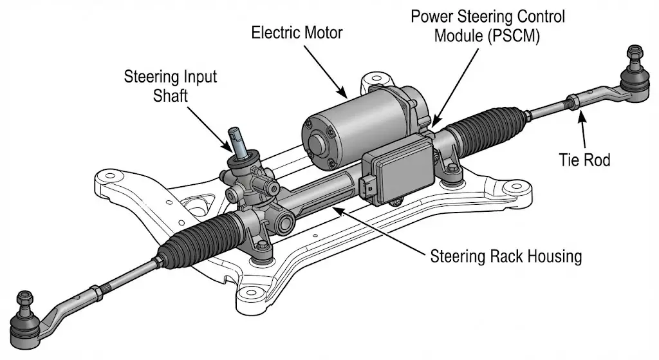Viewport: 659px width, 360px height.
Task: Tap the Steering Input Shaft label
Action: click(x=170, y=86)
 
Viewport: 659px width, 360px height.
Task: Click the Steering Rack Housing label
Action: click(x=505, y=256)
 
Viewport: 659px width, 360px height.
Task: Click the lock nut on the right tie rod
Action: click(x=571, y=101)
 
